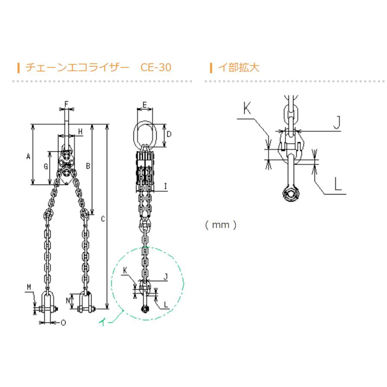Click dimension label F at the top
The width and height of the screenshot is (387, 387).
click(x=67, y=104)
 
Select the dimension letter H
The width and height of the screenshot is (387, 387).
click(x=80, y=131)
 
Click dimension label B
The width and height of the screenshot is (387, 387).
click(x=88, y=166)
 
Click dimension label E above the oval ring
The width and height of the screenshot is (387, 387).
click(x=145, y=105)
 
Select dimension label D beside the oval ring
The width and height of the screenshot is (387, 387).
click(x=169, y=135)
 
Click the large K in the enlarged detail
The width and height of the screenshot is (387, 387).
click(x=247, y=108)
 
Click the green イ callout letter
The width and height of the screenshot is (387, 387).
click(x=103, y=321)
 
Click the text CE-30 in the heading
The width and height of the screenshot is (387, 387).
click(x=156, y=68)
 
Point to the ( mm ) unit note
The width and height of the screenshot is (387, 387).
click(x=221, y=225)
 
